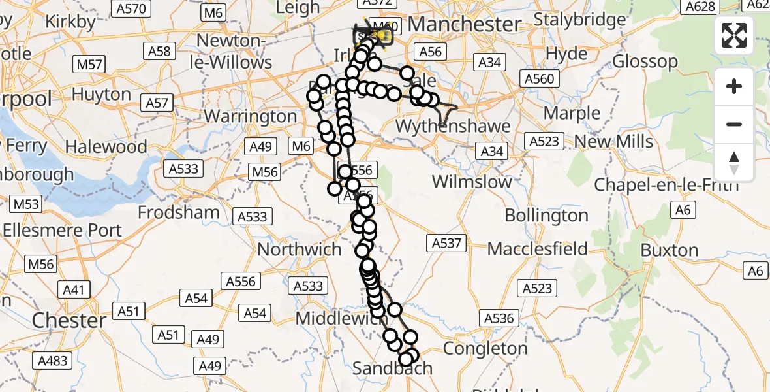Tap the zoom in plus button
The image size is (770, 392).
734,87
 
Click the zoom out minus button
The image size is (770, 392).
734,124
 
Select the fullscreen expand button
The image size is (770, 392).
734,35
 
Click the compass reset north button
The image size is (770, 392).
734,163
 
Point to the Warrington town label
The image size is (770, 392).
251,117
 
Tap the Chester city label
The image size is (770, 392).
69,321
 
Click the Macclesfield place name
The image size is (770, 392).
537,249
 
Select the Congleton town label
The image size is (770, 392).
485,349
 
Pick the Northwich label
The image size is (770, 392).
300,250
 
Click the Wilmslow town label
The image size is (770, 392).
472,182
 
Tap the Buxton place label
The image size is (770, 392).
670,250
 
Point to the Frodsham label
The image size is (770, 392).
178,212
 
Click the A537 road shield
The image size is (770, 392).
446,244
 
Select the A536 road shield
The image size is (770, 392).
499,319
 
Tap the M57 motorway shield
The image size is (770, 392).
89,64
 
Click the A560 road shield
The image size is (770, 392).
540,79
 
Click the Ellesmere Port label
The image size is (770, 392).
62,231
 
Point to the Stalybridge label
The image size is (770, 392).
579,20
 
